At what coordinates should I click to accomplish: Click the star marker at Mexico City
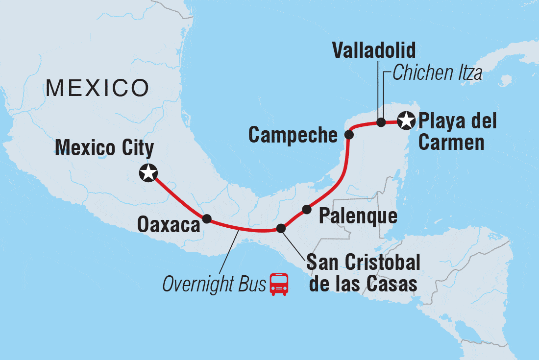148,173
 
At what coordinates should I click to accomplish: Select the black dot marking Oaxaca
207,218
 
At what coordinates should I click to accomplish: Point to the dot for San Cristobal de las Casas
281,228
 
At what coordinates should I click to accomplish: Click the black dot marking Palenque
307,210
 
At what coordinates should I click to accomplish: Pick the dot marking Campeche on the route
349,134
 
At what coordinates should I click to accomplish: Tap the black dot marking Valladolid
381,122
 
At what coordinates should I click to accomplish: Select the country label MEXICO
97,89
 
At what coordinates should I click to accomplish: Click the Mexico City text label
104,148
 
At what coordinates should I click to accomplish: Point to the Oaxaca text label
169,225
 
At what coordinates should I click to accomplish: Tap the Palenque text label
358,216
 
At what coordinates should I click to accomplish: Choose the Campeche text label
293,135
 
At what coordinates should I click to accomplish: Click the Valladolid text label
374,50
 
